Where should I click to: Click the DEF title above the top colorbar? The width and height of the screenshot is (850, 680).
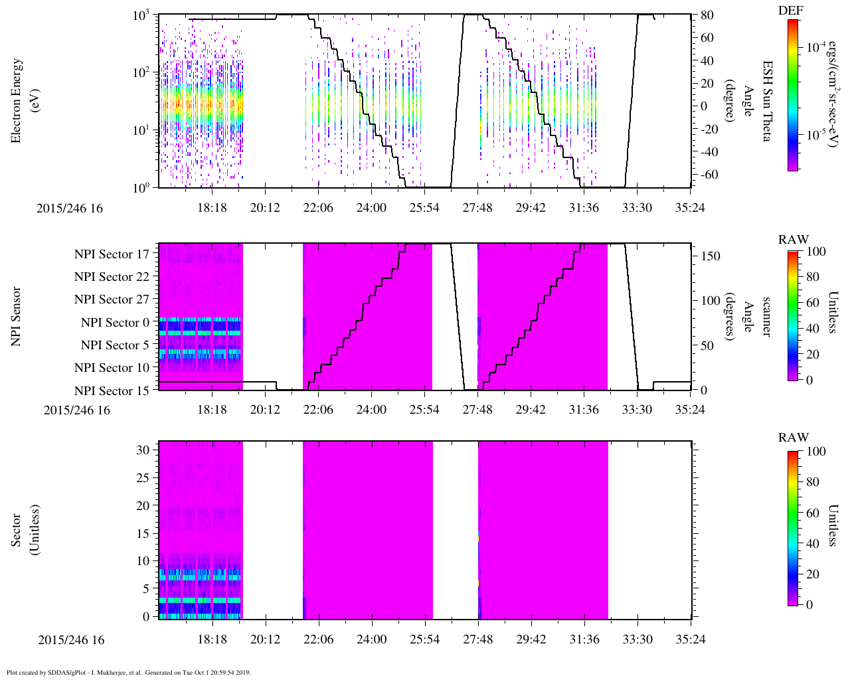click(790, 11)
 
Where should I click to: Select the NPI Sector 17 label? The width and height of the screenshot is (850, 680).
click(112, 254)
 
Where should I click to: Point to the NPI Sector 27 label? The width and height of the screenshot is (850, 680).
click(112, 299)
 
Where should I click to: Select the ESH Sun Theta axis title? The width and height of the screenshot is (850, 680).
click(767, 101)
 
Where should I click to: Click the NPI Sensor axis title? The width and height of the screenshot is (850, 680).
click(16, 317)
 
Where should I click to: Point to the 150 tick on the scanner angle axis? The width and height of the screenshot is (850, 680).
click(711, 256)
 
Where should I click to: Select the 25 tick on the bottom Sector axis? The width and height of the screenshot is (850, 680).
click(143, 478)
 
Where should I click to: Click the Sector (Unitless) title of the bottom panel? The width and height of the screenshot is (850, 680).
click(23, 530)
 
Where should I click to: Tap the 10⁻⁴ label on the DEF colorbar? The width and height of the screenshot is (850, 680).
click(815, 48)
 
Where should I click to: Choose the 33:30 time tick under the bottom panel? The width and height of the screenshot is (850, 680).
click(637, 639)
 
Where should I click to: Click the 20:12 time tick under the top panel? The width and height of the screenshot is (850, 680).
click(265, 208)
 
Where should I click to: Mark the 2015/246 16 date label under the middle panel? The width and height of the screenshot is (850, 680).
click(76, 410)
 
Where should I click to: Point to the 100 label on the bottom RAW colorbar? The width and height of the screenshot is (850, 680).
click(816, 452)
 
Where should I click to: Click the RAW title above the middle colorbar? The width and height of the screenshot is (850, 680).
click(794, 239)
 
